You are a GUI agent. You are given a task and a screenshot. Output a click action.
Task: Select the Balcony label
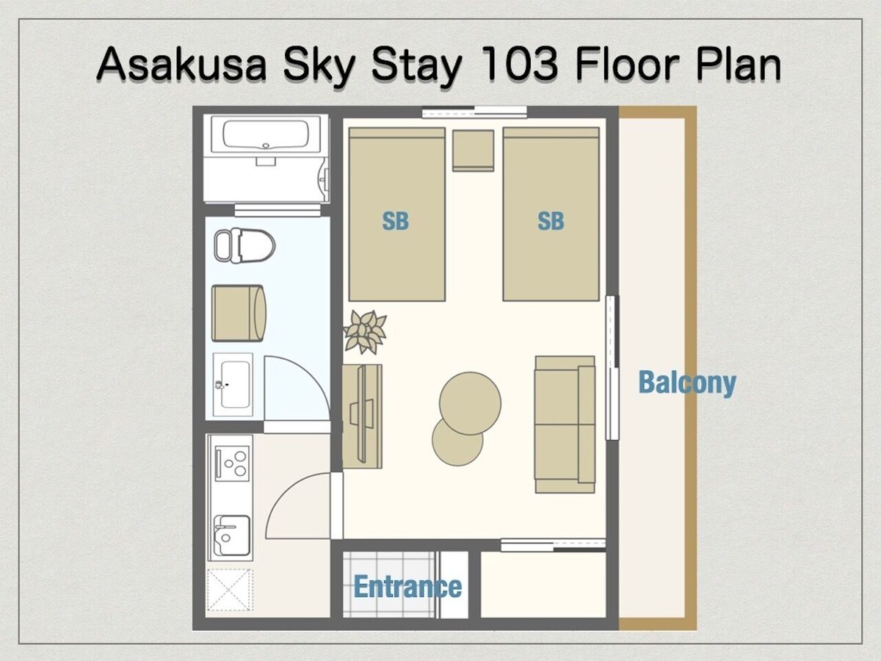(687, 383)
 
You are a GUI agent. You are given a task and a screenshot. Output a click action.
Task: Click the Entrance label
(407, 587)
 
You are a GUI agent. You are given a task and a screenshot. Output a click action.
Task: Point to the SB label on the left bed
(395, 221)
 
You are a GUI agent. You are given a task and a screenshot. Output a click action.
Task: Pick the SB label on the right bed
(551, 221)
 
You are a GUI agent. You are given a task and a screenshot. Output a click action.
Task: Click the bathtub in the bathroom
(266, 134)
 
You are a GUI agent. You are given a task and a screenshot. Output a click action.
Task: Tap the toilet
(244, 245)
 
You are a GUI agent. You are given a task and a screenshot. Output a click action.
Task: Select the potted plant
(365, 332)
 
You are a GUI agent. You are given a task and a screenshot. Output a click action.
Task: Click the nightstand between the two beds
(474, 151)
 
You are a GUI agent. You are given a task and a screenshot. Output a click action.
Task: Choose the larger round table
(470, 403)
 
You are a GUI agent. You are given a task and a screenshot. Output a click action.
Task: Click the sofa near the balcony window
(565, 425)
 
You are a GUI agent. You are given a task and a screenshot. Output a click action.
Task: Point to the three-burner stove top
(232, 463)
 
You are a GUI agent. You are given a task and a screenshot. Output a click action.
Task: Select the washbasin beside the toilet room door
(233, 385)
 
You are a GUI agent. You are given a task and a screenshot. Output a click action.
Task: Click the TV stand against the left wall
(363, 416)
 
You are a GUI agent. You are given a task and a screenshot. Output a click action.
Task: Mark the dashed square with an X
(230, 590)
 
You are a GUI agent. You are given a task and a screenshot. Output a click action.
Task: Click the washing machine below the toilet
(239, 313)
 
